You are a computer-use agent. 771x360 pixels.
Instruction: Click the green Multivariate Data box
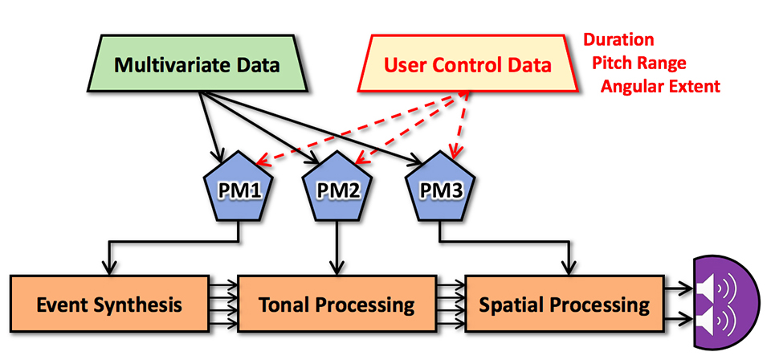(x=198, y=65)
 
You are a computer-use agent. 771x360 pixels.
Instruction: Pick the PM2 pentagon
(x=338, y=190)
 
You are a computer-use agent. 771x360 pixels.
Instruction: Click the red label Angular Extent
(x=660, y=86)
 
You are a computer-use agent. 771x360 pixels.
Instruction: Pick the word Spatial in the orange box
(x=512, y=305)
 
